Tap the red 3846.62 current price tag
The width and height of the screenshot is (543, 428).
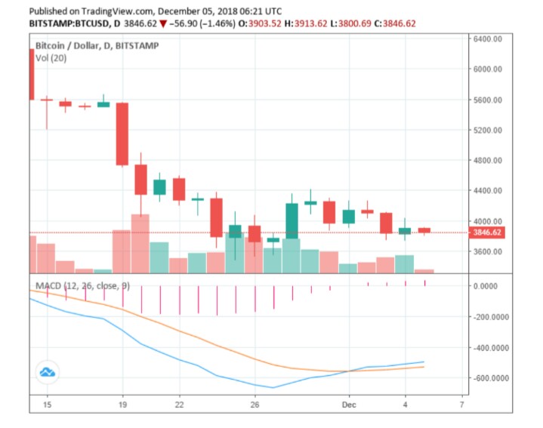488,232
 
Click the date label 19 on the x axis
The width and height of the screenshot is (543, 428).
122,405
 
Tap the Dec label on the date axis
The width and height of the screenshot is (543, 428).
348,405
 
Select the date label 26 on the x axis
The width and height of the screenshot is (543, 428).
255,405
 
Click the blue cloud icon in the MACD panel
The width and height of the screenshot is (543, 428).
48,371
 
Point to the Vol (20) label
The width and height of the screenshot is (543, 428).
50,58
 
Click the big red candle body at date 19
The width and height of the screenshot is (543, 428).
122,134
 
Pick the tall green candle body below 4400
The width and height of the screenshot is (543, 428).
292,220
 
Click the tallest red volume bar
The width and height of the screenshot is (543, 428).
140,243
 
